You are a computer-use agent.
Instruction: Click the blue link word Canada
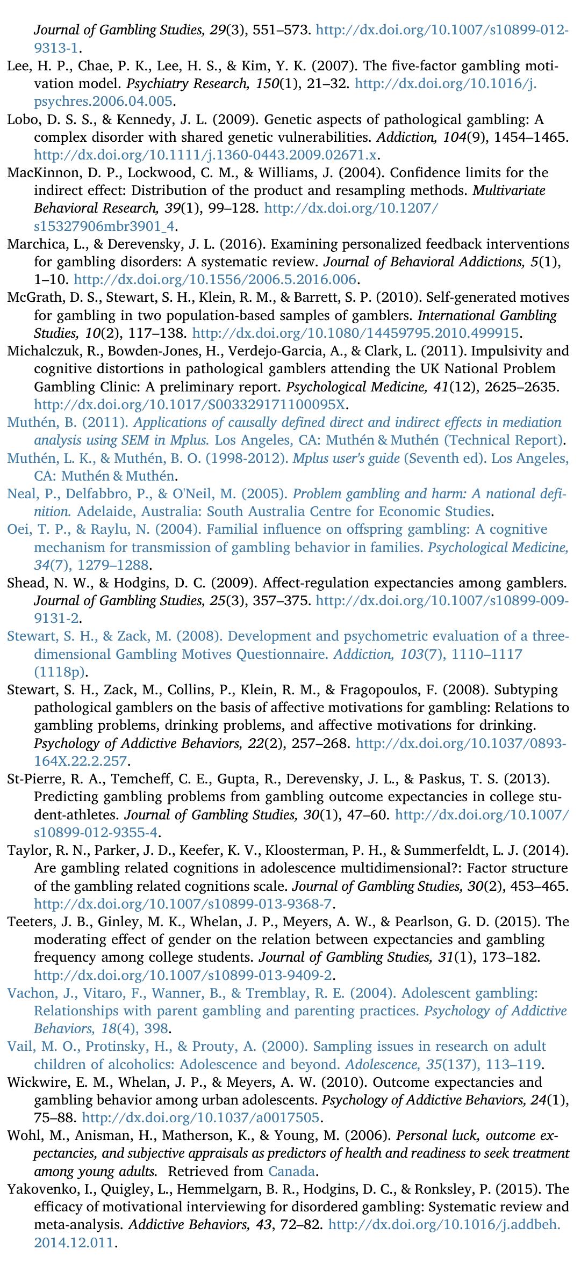coord(291,1171)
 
